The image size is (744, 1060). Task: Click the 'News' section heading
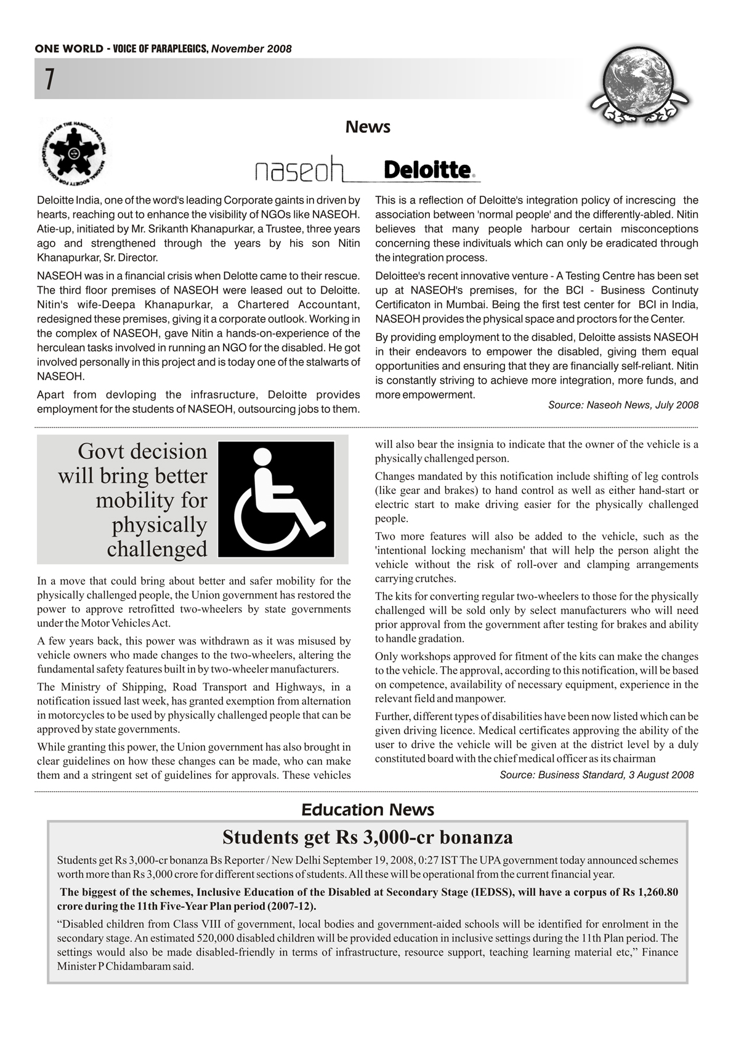pyautogui.click(x=368, y=127)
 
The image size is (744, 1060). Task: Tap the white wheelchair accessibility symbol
pyautogui.click(x=276, y=499)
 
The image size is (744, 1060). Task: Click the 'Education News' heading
pyautogui.click(x=368, y=810)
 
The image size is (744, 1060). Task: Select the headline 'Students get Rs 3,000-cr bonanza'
pyautogui.click(x=368, y=837)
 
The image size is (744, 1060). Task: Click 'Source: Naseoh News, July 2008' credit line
pyautogui.click(x=623, y=405)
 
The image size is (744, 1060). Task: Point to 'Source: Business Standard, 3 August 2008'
pyautogui.click(x=596, y=775)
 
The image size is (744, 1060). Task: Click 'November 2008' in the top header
pyautogui.click(x=251, y=49)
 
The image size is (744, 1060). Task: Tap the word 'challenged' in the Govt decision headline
pyautogui.click(x=157, y=549)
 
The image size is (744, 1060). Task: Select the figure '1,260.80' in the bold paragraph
pyautogui.click(x=656, y=892)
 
